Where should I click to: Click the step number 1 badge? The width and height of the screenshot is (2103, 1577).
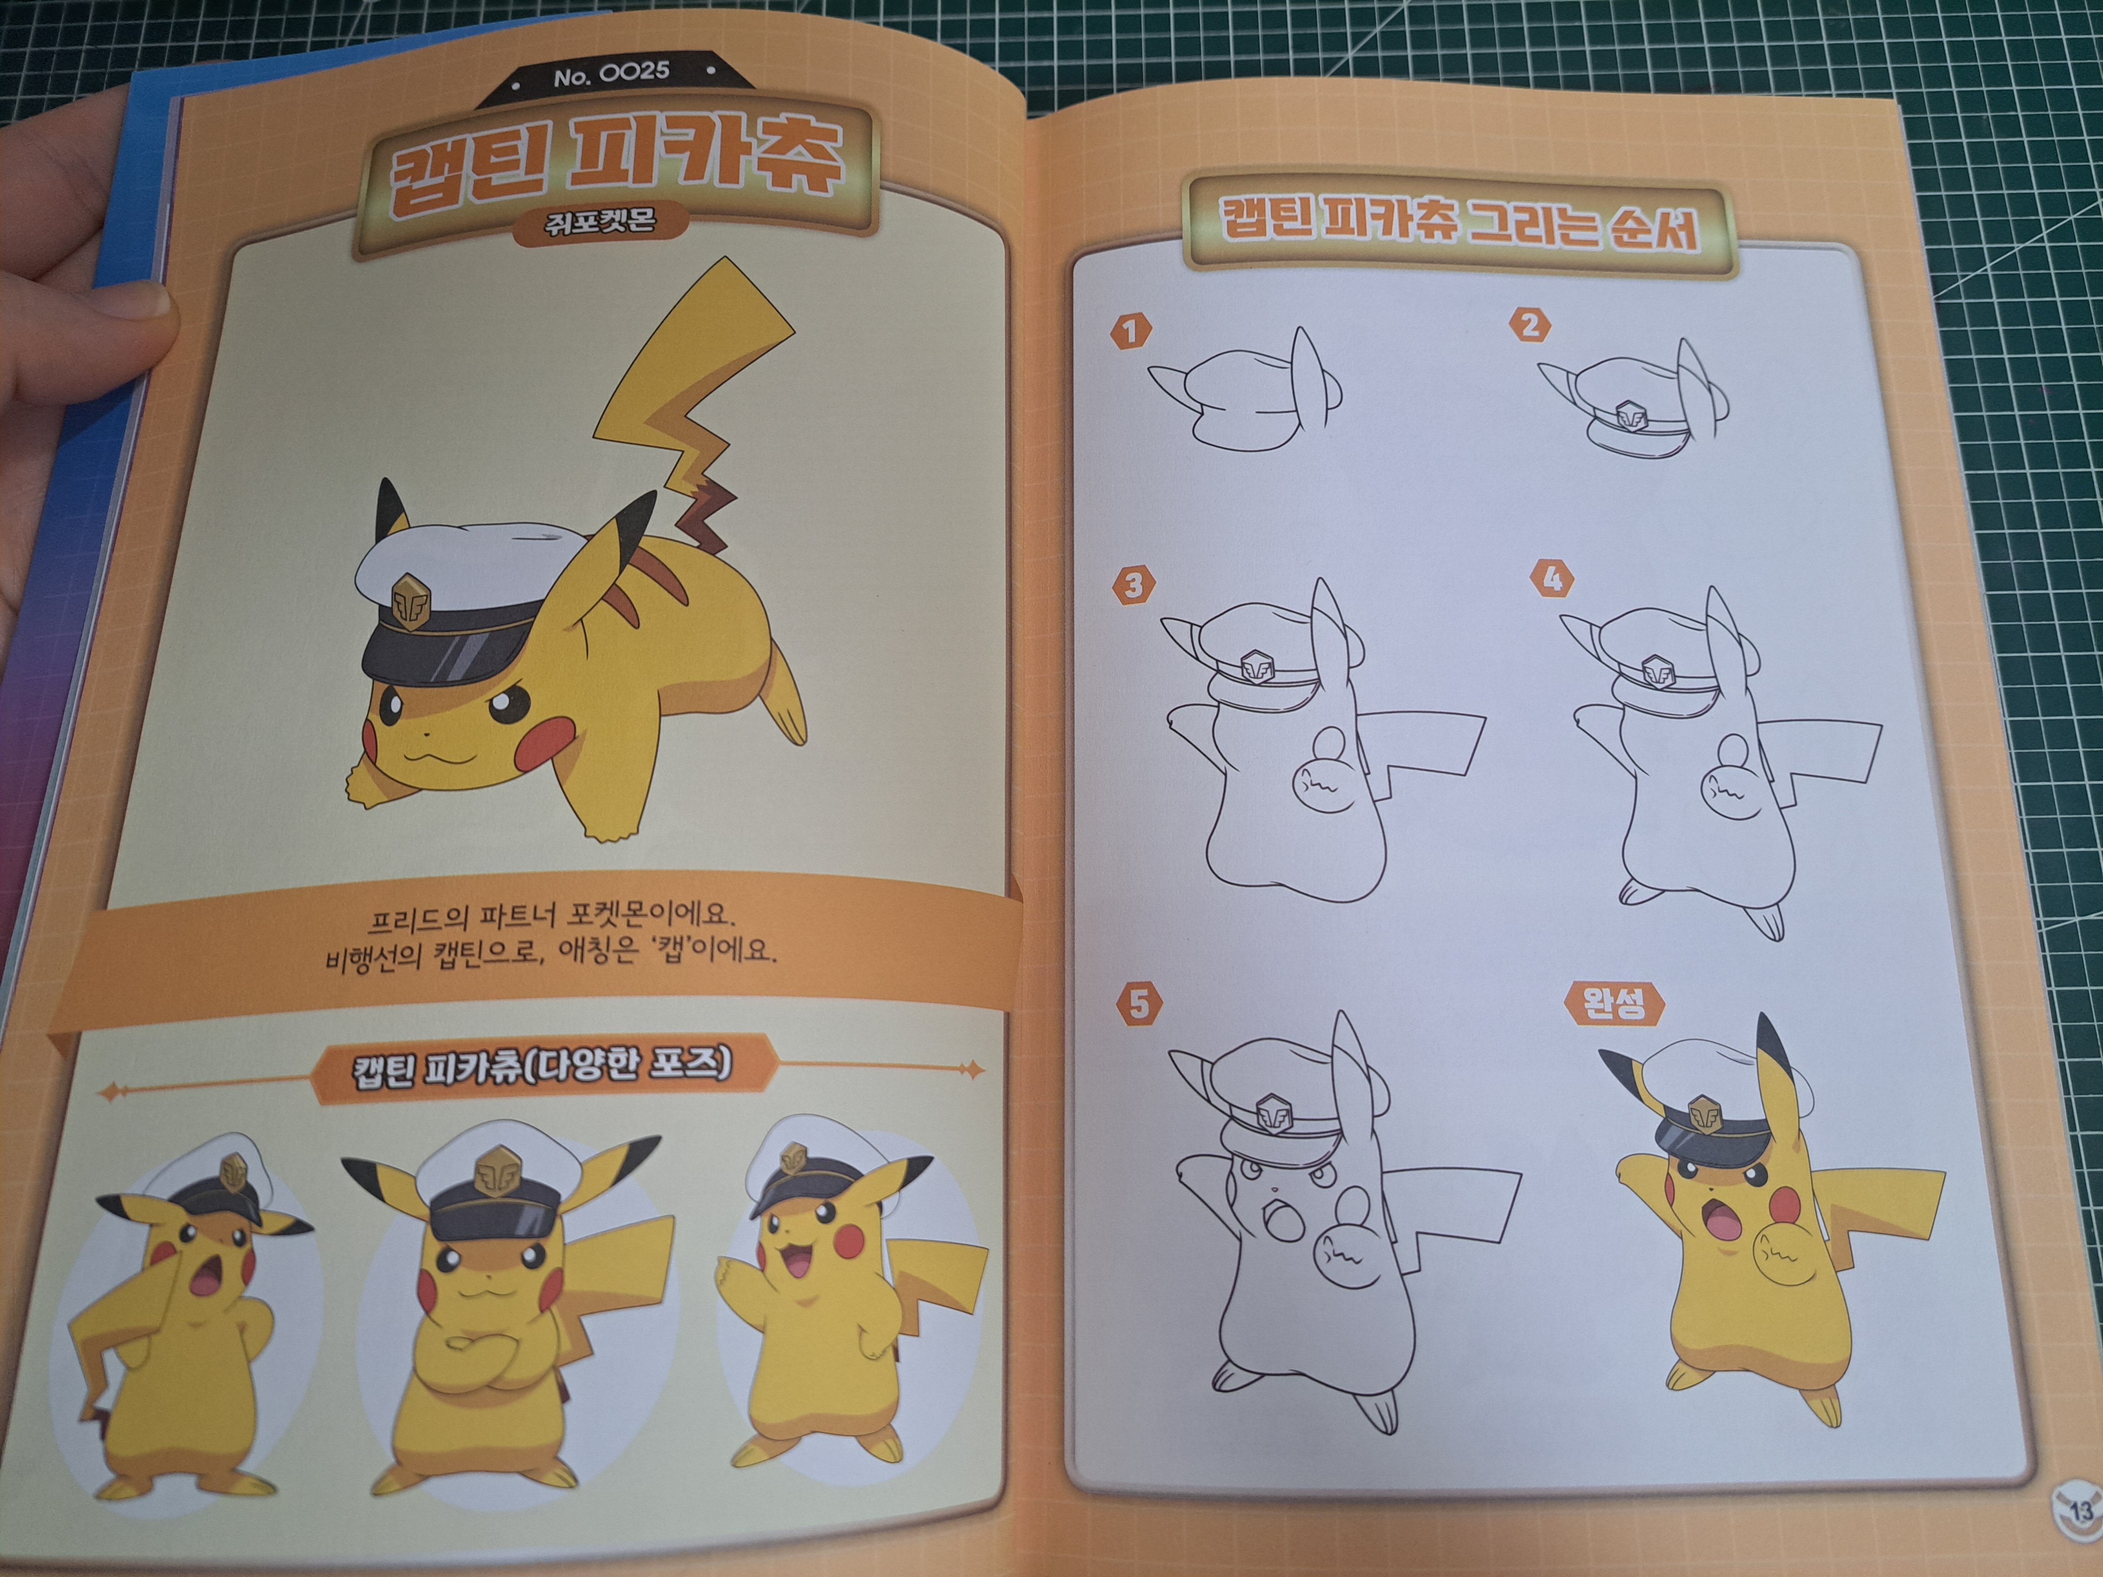[1131, 332]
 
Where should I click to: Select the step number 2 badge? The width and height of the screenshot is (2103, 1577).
[1529, 325]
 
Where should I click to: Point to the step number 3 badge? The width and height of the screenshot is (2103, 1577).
[1133, 585]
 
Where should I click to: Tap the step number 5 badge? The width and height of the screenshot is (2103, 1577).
[1139, 1004]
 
